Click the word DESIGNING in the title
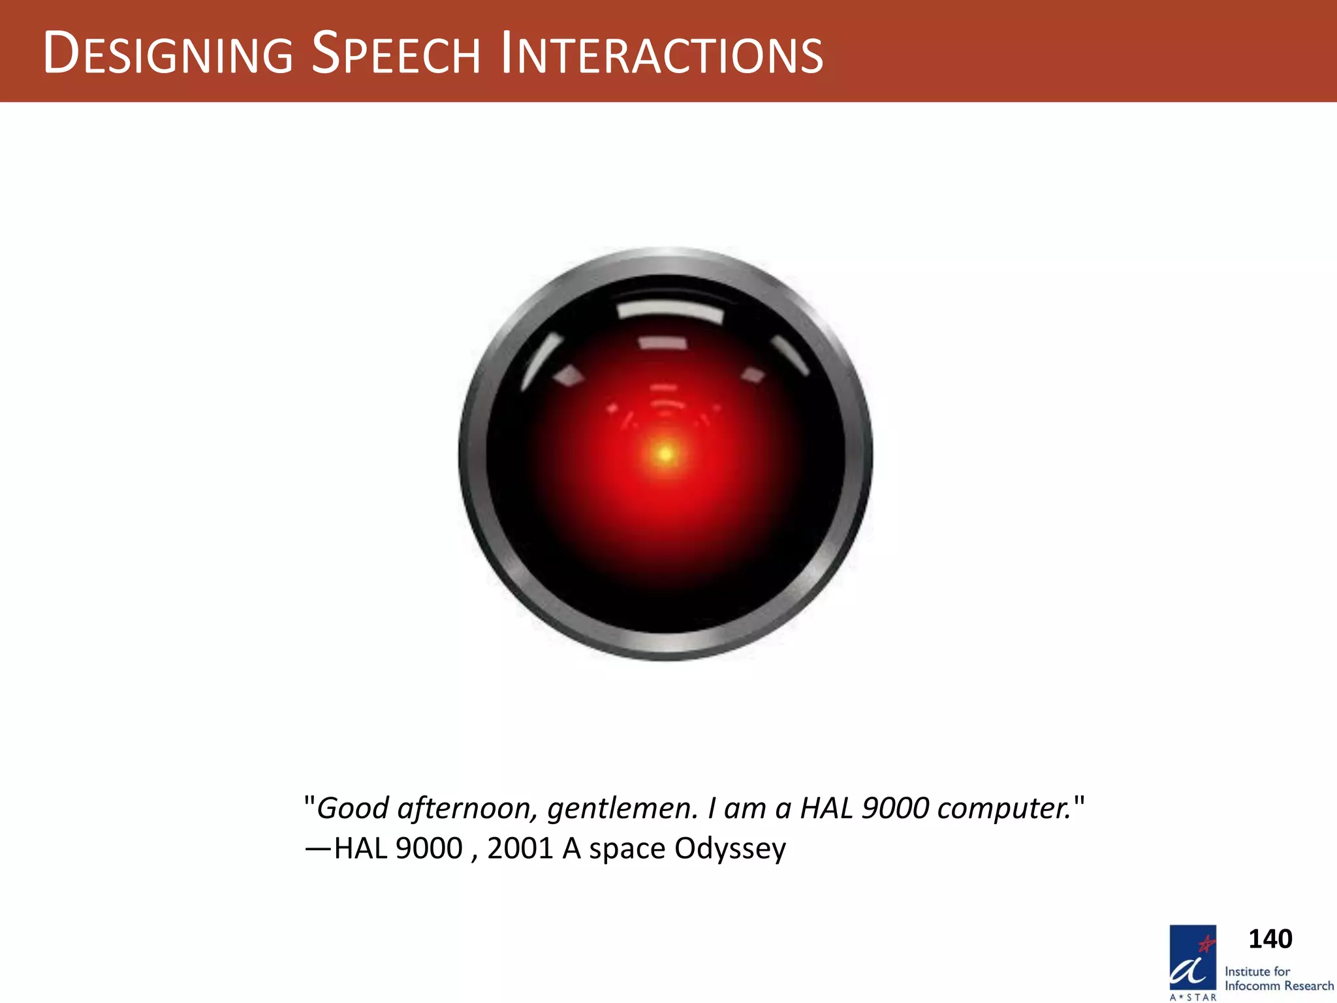(x=168, y=54)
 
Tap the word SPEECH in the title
(x=396, y=54)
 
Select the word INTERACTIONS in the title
(x=662, y=54)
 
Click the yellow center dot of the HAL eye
(x=665, y=453)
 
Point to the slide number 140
(x=1270, y=939)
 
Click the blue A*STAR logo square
(x=1193, y=958)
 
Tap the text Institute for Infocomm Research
(x=1278, y=979)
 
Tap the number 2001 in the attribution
(x=520, y=848)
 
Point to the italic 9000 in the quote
(x=895, y=808)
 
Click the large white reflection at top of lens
(x=670, y=311)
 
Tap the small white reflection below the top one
(x=663, y=343)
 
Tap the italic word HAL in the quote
(x=826, y=808)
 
